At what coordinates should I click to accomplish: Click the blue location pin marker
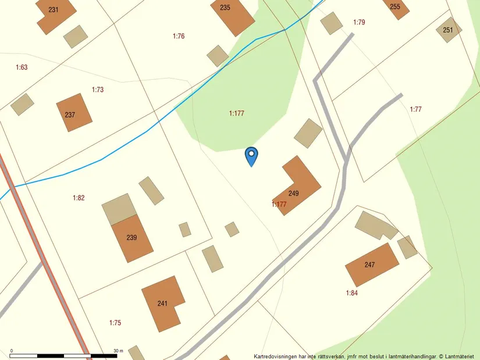251,155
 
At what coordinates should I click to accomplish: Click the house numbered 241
163,303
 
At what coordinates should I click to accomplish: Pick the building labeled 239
132,237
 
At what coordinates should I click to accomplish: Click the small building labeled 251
448,30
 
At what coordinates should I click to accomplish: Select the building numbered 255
395,8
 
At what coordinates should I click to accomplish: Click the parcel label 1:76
179,36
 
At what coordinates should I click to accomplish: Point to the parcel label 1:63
22,67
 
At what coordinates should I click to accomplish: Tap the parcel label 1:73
98,90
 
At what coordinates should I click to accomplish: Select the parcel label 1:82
79,198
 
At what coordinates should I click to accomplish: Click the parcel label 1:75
115,322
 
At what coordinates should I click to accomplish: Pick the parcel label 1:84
352,293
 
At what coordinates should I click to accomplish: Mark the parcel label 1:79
359,22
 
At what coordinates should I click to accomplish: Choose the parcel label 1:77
416,109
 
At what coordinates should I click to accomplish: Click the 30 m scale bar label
119,351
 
